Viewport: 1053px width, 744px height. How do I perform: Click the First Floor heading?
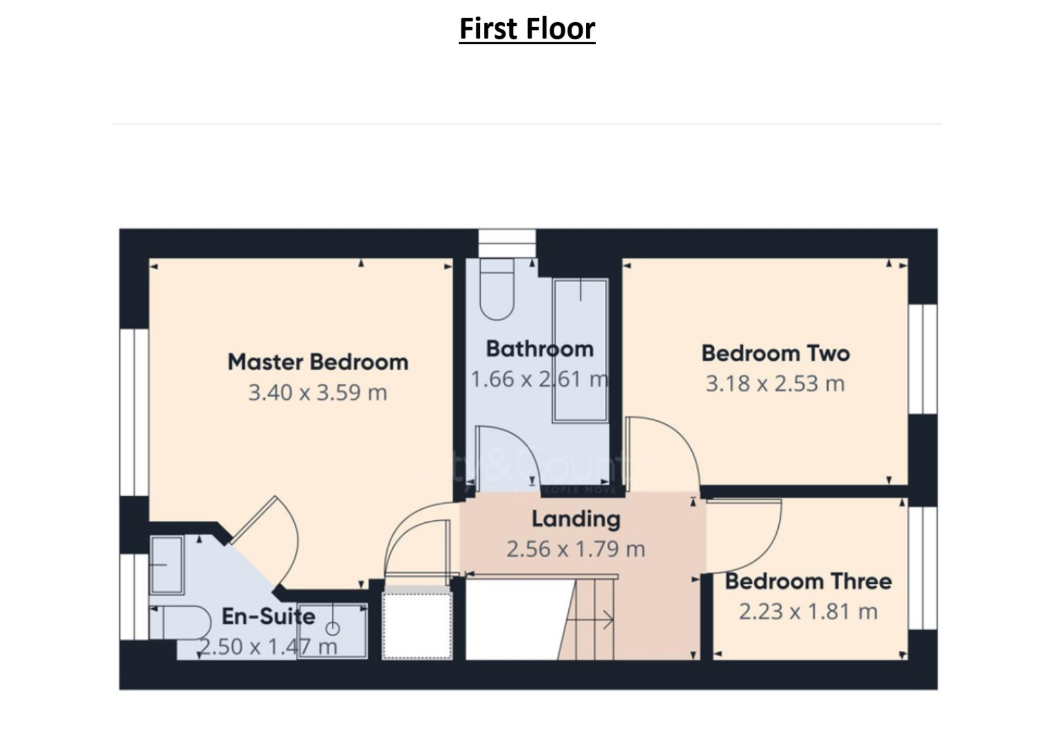527,29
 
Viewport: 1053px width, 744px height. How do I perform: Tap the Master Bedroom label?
318,362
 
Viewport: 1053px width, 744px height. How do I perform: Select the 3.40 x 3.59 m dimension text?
317,393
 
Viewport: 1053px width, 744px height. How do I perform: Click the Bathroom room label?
540,349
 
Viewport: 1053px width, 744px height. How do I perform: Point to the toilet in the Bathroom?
497,289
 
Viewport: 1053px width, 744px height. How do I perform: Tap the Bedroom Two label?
775,353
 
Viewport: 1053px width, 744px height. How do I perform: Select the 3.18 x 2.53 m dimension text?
775,384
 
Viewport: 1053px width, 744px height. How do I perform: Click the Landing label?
576,520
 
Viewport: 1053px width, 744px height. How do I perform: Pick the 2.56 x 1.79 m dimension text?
576,549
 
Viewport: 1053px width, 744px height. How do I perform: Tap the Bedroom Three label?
808,581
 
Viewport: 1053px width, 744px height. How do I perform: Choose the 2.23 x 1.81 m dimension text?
808,612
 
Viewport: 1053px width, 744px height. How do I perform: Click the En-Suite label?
269,616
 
